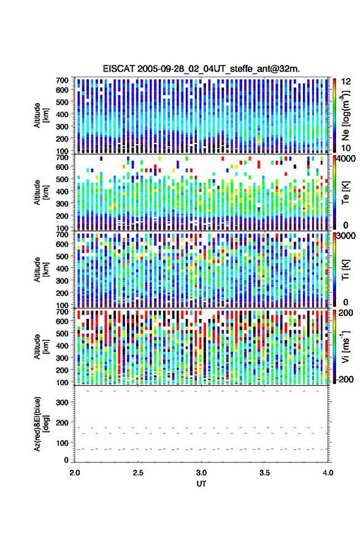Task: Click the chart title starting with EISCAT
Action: pos(201,69)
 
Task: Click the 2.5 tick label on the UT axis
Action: pos(138,473)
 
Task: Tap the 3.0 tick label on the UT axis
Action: pos(201,473)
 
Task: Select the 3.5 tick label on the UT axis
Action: pos(264,473)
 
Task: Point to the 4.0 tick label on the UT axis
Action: pos(327,473)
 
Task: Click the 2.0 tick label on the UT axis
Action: pos(75,473)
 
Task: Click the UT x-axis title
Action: pos(201,484)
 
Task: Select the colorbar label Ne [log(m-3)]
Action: pos(345,115)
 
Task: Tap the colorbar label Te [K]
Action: pos(345,192)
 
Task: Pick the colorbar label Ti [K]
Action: pos(345,269)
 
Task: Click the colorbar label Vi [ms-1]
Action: pos(345,346)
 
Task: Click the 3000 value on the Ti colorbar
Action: pos(345,236)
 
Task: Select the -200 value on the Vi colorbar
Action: pos(344,380)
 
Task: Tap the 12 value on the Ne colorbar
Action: pos(346,82)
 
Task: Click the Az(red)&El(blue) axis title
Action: pos(40,424)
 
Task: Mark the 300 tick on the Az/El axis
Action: pos(62,402)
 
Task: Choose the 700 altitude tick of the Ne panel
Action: pos(62,80)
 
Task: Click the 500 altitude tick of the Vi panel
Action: pos(62,333)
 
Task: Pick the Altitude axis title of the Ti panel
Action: pos(40,269)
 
